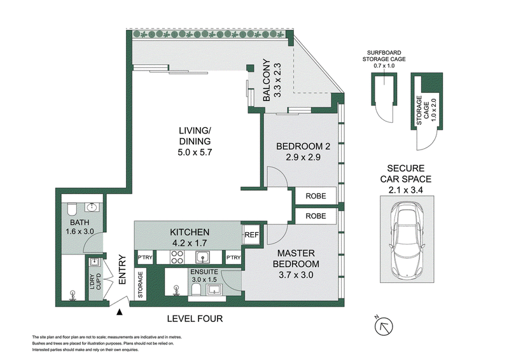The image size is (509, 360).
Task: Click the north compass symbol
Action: click(x=384, y=326)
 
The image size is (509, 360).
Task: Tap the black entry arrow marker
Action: click(x=120, y=312)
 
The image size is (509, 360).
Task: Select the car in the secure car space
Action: click(x=407, y=239)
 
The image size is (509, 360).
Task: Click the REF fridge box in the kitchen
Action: click(x=251, y=235)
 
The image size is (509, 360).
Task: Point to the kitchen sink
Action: click(x=202, y=258)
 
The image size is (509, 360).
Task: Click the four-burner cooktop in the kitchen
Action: click(x=178, y=257)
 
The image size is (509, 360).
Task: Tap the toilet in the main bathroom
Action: click(x=71, y=209)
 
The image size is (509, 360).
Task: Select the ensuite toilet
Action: click(x=197, y=289)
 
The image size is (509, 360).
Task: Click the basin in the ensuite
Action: click(x=214, y=289)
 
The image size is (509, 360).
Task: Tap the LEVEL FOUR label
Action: click(x=195, y=319)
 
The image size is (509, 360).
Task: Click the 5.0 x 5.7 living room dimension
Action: click(x=195, y=152)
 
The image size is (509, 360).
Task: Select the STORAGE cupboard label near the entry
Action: click(x=140, y=285)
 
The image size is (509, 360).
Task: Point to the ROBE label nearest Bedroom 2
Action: click(x=316, y=196)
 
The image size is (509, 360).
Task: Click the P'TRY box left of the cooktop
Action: click(x=145, y=258)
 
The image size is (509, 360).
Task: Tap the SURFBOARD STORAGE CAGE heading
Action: click(x=384, y=56)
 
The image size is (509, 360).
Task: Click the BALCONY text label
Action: click(x=266, y=80)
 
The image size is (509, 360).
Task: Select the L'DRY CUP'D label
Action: click(x=95, y=282)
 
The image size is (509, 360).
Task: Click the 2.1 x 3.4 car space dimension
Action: click(x=406, y=190)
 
